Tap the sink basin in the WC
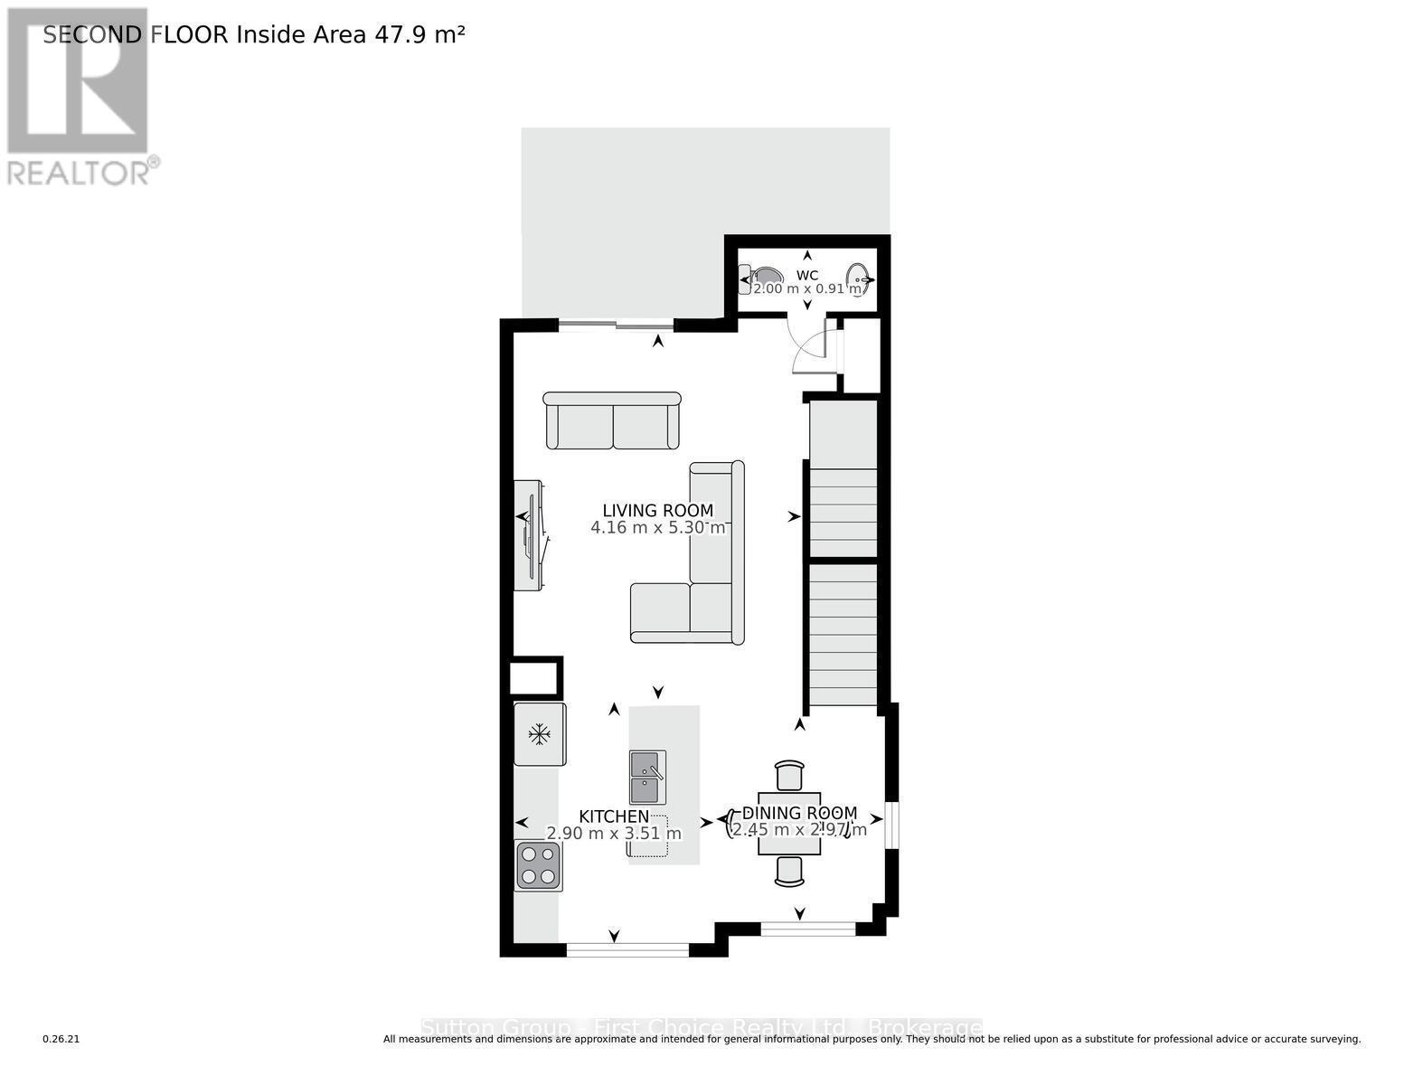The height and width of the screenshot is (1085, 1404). (x=857, y=277)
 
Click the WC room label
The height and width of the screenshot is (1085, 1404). (x=807, y=275)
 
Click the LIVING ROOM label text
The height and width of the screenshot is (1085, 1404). (x=658, y=511)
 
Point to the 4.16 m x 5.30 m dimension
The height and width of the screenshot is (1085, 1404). (x=658, y=528)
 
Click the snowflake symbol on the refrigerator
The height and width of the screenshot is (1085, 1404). (x=540, y=734)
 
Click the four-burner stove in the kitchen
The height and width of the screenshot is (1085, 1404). (x=538, y=865)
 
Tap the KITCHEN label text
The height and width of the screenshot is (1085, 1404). (x=614, y=816)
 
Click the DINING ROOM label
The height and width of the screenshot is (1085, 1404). (x=799, y=813)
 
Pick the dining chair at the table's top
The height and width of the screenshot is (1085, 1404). (x=789, y=776)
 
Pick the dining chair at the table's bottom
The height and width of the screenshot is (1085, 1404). (x=789, y=871)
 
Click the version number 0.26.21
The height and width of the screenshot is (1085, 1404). (x=61, y=1040)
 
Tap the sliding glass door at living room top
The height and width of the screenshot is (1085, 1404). (x=616, y=325)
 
